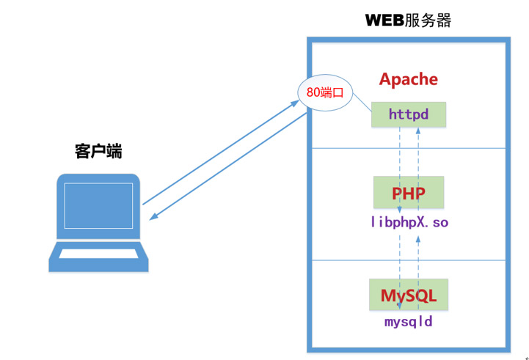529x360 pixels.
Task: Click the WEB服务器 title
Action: click(x=408, y=20)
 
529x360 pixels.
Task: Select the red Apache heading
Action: click(x=409, y=79)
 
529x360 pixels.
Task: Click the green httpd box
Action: click(x=409, y=114)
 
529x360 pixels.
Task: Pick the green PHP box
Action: click(x=409, y=193)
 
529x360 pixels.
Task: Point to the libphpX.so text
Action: click(x=409, y=221)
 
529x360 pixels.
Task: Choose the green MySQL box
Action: click(x=409, y=295)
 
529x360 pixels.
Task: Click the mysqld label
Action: click(x=409, y=321)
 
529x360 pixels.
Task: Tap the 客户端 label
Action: click(x=98, y=152)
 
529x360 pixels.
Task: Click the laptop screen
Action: click(x=98, y=207)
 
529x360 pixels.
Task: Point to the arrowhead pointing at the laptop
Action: click(x=153, y=216)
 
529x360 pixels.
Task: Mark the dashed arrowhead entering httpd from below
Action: click(x=418, y=131)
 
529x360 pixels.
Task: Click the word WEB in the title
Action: click(x=384, y=20)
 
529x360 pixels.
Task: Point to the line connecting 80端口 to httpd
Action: click(x=362, y=103)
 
